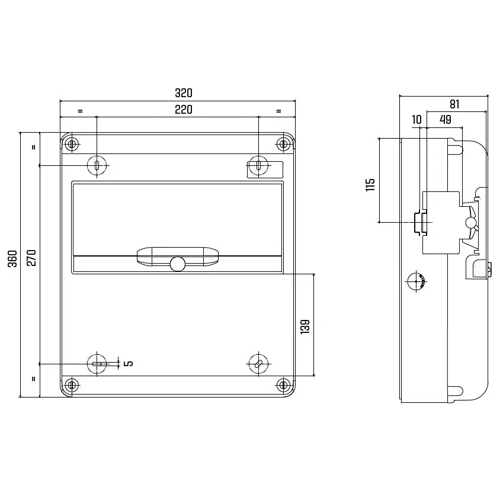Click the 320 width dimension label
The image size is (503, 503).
pos(184,93)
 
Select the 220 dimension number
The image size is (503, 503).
pos(184,110)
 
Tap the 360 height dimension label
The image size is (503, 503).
pos(12,258)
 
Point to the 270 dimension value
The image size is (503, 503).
pos(31,258)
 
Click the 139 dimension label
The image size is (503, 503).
pos(305,326)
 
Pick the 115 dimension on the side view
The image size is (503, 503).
pos(370,185)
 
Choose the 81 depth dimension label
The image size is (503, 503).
pos(454,104)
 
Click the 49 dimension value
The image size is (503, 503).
pos(446,119)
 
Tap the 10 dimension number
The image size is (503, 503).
pos(417,120)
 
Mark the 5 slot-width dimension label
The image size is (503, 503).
pos(129,363)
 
